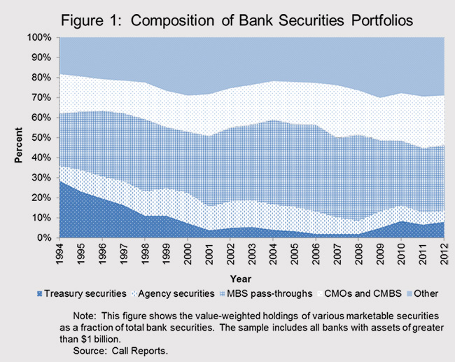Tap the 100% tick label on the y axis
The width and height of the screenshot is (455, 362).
pos(40,37)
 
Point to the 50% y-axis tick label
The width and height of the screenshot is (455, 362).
pos(42,137)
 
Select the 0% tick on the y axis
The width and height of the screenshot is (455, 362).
pos(45,238)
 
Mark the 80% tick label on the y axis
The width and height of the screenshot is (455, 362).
pos(42,77)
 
